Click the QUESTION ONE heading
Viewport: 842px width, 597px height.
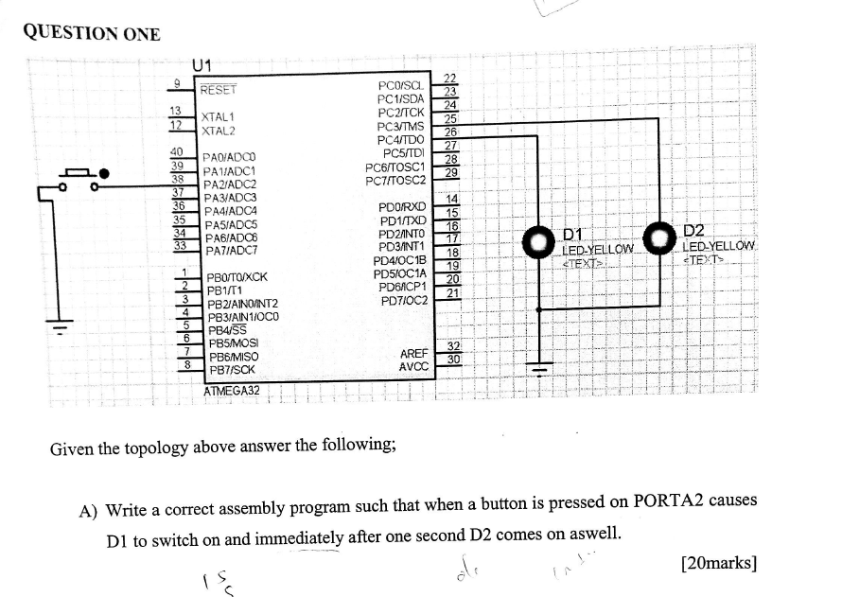click(92, 33)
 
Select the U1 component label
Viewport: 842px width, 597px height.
click(201, 65)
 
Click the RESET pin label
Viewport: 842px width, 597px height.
click(219, 90)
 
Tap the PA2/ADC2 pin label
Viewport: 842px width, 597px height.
click(230, 184)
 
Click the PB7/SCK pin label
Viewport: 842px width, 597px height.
click(231, 370)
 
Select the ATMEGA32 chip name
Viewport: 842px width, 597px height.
click(232, 390)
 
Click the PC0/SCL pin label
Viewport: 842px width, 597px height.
click(401, 85)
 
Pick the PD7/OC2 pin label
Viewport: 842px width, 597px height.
click(404, 300)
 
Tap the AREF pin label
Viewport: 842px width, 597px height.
click(414, 353)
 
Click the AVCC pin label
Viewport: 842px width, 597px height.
click(413, 366)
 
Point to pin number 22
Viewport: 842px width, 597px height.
click(451, 78)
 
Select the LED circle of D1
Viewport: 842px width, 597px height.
click(540, 240)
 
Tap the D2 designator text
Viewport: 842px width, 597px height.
click(693, 231)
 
